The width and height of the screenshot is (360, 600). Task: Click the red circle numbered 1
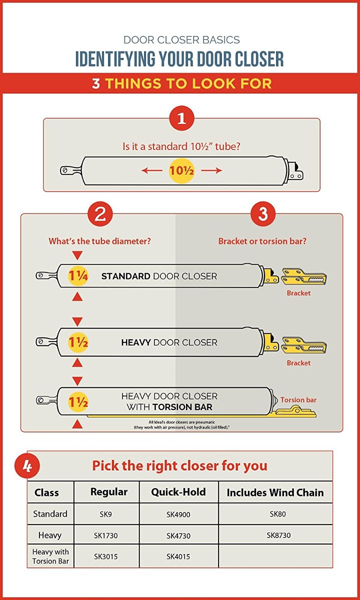coord(181,118)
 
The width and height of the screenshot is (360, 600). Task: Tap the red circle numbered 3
coord(263,214)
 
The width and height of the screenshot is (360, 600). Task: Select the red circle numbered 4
coord(27,466)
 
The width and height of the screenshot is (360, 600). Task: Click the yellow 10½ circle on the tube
coord(181,170)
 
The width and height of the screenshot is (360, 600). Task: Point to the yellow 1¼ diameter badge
coord(78,275)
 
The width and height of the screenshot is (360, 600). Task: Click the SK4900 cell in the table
coord(178,514)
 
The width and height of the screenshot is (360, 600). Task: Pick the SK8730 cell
coord(278,535)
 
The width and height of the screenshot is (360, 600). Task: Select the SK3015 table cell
coord(106,556)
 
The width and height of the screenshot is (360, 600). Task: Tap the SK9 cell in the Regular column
coord(106,514)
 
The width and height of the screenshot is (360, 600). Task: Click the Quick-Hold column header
coord(178,492)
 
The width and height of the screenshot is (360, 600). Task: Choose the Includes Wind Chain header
coord(275,492)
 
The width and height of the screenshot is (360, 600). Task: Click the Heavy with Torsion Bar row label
coord(50,556)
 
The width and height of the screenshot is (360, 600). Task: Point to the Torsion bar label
coord(298,400)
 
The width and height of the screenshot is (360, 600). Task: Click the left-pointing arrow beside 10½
coord(151,170)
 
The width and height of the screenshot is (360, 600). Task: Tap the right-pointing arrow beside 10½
coord(211,170)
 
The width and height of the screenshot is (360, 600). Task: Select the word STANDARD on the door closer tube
coord(125,276)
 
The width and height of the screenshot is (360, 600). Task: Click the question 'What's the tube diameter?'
coord(99,241)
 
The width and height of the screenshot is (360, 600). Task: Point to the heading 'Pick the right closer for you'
coord(179,466)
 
